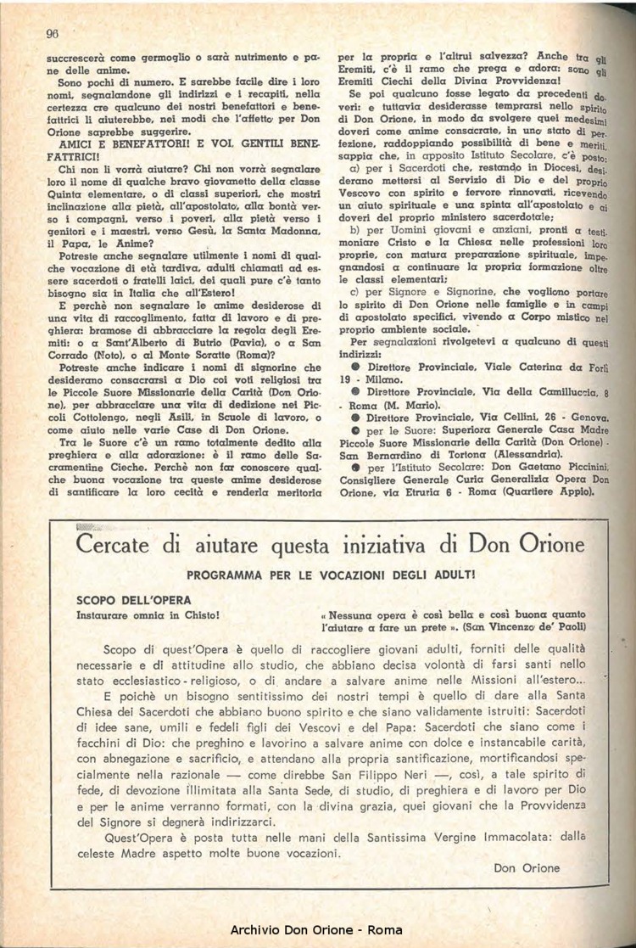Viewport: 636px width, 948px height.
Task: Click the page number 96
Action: click(51, 34)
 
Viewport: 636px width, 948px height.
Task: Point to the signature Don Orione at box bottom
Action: click(526, 868)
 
